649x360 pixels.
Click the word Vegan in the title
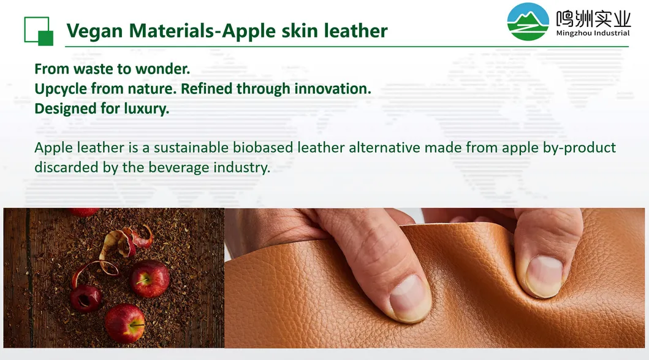point(94,31)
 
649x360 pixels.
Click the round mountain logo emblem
point(528,21)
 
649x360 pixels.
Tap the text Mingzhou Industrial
point(593,33)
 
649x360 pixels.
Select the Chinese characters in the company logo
point(593,18)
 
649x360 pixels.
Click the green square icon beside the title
point(39,31)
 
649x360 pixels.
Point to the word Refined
point(207,89)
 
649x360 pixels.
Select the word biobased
point(263,148)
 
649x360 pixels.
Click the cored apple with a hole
point(86,297)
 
